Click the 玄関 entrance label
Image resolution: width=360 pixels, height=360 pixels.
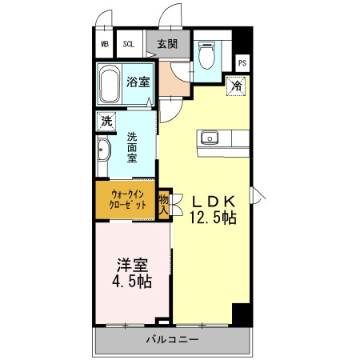coord(167,44)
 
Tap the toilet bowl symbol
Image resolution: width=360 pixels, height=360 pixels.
coord(207,55)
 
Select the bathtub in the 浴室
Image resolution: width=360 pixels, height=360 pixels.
coord(110,83)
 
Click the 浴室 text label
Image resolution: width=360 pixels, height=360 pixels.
coord(138,82)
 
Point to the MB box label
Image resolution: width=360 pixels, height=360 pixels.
coord(105,44)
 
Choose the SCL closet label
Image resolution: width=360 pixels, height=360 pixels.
coord(129,44)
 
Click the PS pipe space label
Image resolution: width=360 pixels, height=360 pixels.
coord(242,63)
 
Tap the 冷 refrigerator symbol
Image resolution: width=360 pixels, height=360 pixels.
coord(236,86)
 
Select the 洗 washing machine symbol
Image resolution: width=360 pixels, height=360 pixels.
coord(106,122)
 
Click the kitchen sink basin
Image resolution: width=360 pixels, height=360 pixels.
coord(210,138)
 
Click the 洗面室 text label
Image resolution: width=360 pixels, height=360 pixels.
coord(132,147)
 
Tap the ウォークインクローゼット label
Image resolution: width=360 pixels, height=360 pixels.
coord(128,199)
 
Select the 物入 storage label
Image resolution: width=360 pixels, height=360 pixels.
coord(163,205)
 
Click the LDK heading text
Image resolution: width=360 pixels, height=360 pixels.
coord(214,202)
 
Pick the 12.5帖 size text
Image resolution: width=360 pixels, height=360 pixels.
coord(213,218)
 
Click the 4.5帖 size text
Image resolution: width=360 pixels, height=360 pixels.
coord(132,282)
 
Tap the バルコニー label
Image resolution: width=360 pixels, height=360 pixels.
coord(172,340)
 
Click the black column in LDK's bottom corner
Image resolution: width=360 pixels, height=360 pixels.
coord(242,314)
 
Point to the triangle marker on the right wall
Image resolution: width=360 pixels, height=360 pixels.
coord(258,195)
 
